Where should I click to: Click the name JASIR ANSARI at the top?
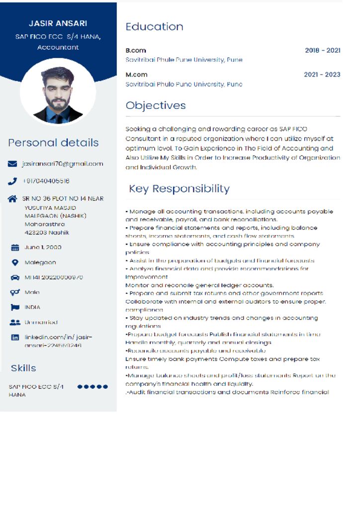[x=58, y=23]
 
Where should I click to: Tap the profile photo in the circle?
[x=58, y=94]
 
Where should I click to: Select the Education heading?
[x=154, y=27]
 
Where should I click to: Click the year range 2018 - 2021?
[x=322, y=50]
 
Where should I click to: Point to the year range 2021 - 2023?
[x=322, y=75]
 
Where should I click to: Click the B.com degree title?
[x=136, y=50]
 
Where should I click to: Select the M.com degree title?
[x=136, y=75]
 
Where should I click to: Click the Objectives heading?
[x=156, y=105]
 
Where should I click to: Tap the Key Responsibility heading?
[x=179, y=189]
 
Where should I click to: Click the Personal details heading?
[x=53, y=143]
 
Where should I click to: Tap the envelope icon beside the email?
[x=13, y=164]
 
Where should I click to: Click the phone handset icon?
[x=13, y=181]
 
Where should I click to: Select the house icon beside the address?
[x=13, y=199]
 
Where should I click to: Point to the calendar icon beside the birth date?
[x=15, y=248]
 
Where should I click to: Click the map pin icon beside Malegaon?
[x=15, y=262]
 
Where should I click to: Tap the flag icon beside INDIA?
[x=15, y=307]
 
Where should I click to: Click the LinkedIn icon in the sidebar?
[x=15, y=338]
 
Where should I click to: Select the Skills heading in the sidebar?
[x=23, y=368]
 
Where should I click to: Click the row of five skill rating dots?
[x=92, y=387]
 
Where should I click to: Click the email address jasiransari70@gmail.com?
[x=62, y=164]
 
